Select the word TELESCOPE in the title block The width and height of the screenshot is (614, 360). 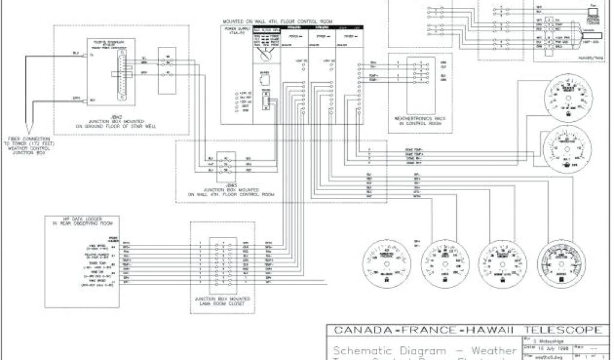point(562,329)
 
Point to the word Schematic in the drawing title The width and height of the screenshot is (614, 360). point(357,350)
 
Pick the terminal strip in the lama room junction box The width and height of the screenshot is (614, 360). point(222,262)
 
